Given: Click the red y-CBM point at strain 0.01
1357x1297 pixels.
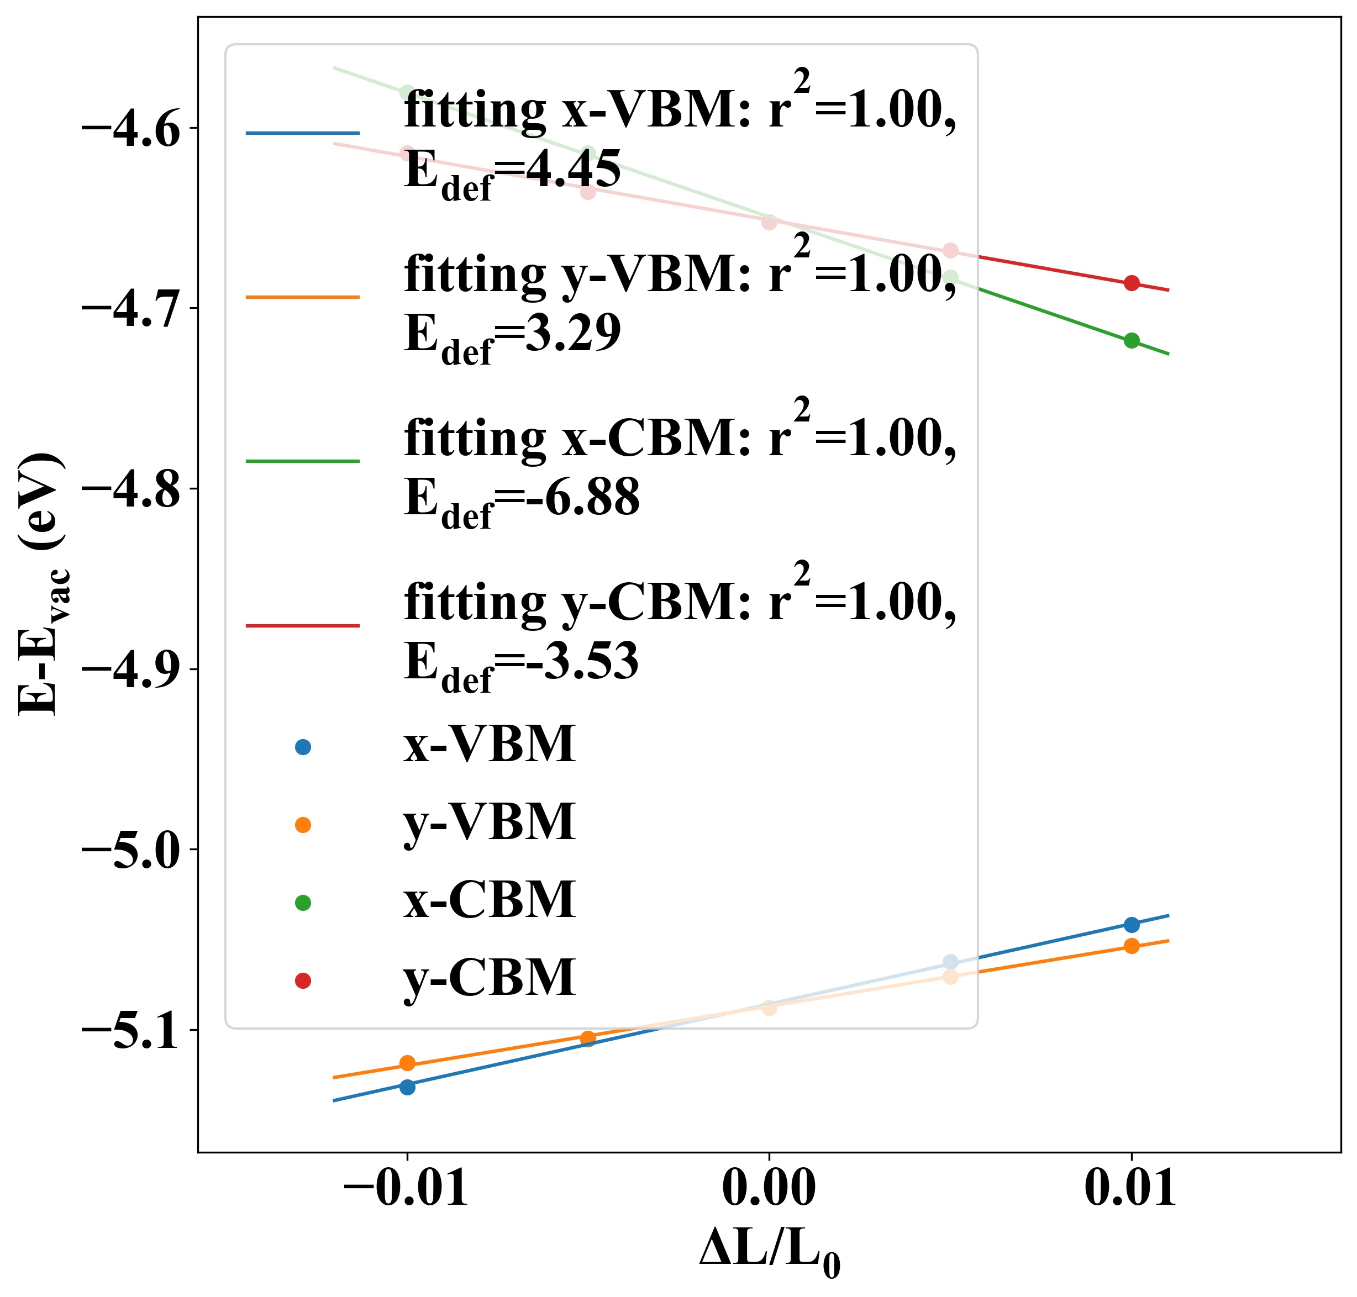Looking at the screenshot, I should point(1132,283).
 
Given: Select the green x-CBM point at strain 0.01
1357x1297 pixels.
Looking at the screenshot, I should point(1132,340).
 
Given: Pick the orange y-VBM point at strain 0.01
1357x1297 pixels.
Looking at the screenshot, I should point(1132,946).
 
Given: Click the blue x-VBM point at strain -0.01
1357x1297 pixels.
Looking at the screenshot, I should point(407,1087).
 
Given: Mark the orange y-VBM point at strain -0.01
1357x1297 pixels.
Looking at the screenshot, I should point(407,1063).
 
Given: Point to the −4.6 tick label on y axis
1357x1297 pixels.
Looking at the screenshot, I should point(131,129).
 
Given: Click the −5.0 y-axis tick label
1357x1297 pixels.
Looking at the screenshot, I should point(131,850).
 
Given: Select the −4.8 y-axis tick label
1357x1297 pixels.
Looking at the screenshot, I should point(131,489).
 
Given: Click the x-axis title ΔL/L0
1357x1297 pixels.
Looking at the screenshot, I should point(769,1253).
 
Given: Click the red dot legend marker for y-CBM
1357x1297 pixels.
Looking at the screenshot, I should point(303,980).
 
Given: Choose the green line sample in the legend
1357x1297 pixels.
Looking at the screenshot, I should point(303,461).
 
